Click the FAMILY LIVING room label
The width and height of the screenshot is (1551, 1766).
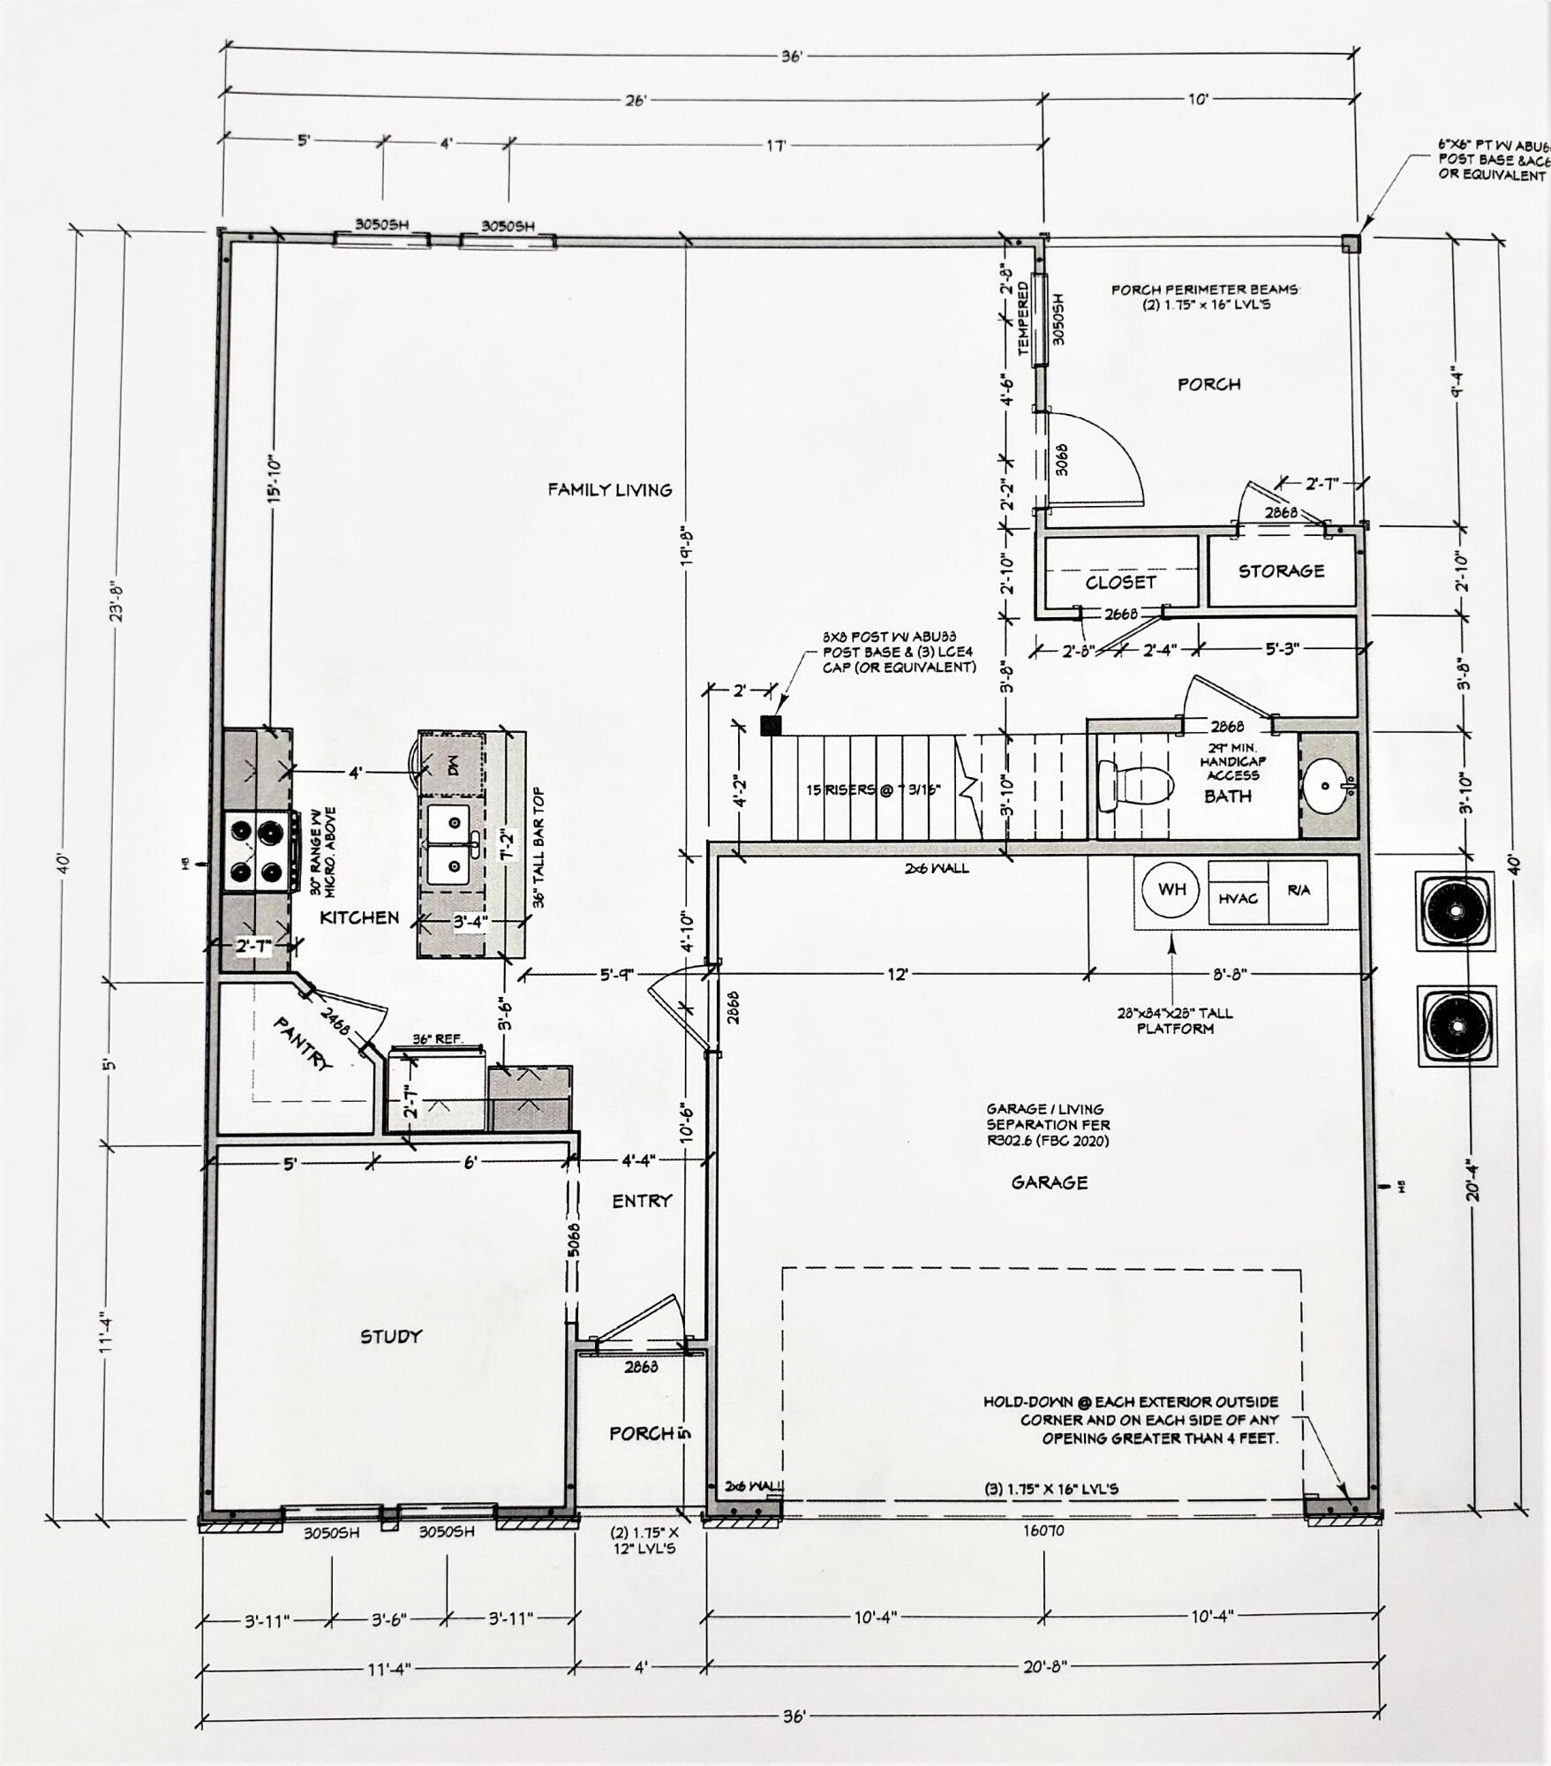point(609,490)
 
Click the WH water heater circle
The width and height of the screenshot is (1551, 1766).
point(1171,890)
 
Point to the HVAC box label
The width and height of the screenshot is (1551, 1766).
point(1238,898)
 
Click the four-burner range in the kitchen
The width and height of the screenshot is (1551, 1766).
point(257,850)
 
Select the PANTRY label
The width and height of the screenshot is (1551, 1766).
point(304,1044)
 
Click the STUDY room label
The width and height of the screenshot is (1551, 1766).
point(391,1337)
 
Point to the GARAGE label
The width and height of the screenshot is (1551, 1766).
point(1049,1182)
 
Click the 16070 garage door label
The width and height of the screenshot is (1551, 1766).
point(1043,1530)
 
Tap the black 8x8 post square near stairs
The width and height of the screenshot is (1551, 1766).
point(771,726)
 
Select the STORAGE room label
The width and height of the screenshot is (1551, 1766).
point(1281,571)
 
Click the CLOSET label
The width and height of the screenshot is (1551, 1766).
point(1120,583)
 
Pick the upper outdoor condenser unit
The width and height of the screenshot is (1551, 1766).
point(1456,910)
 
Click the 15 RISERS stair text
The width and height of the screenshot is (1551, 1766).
point(872,790)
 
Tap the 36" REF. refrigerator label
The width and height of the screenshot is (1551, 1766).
point(438,1039)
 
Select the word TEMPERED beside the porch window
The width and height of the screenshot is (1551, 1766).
point(1023,319)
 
